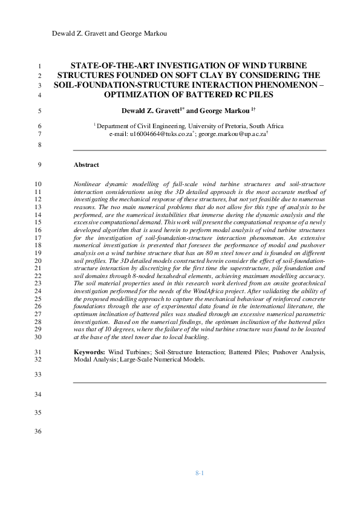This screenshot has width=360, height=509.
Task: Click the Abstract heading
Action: coord(86,164)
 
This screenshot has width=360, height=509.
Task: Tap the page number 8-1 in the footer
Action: coord(199,472)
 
